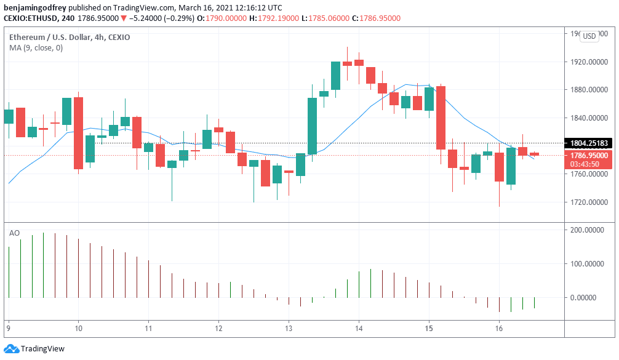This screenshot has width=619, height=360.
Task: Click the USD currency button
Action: pyautogui.click(x=589, y=36)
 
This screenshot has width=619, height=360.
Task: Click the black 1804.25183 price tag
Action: pyautogui.click(x=589, y=143)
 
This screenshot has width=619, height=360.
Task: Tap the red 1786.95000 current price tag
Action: pyautogui.click(x=589, y=156)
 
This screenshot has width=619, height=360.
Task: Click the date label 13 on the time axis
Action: pyautogui.click(x=289, y=329)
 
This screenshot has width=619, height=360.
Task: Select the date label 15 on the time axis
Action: pyautogui.click(x=429, y=329)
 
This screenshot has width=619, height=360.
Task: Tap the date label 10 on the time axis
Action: pyautogui.click(x=78, y=329)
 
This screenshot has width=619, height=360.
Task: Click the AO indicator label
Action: pyautogui.click(x=14, y=233)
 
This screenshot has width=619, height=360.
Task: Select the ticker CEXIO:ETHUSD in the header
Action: pyautogui.click(x=30, y=18)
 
